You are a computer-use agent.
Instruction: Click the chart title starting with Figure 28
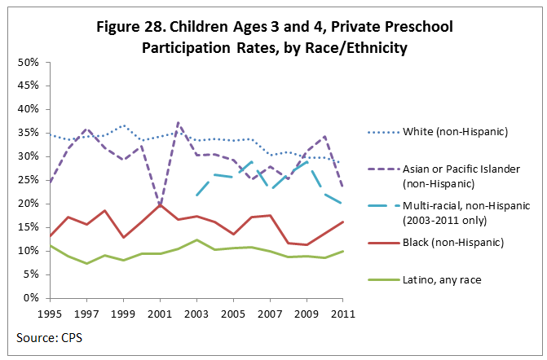tap(273, 37)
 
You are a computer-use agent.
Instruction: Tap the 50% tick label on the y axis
tap(29, 62)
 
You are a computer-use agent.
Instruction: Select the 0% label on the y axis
tap(33, 298)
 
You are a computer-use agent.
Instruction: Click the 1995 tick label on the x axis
tap(51, 312)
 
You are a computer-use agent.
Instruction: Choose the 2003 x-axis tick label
tap(196, 312)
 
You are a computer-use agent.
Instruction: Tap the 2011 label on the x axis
tap(342, 312)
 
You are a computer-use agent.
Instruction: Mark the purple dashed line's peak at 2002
tap(178, 123)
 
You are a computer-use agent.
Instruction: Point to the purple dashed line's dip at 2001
tap(160, 205)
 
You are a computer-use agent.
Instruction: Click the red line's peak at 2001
tap(160, 204)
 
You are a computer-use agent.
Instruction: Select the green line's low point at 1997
tap(86, 263)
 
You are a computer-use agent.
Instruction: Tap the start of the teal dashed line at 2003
tap(196, 195)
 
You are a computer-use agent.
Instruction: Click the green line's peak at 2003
tap(196, 239)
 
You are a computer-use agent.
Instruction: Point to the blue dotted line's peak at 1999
tap(123, 125)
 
